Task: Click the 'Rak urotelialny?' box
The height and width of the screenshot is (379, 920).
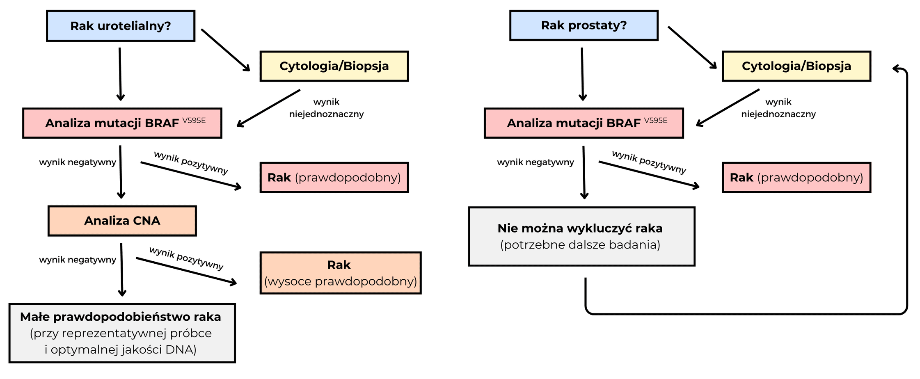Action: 120,26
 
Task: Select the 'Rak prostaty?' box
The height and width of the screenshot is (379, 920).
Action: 584,25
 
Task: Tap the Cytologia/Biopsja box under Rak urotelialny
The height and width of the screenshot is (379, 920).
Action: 334,66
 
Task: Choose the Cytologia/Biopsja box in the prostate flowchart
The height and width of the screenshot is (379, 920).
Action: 796,66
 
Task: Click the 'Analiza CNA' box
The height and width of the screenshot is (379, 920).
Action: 122,221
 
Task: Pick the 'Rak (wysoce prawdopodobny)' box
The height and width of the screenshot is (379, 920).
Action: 340,273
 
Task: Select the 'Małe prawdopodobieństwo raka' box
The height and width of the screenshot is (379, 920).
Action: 122,333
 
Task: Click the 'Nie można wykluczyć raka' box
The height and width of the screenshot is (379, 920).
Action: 581,236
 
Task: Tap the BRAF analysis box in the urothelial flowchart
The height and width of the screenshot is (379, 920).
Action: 122,123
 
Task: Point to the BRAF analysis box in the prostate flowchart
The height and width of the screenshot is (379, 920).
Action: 584,123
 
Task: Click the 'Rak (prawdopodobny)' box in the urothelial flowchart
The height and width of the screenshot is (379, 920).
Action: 334,177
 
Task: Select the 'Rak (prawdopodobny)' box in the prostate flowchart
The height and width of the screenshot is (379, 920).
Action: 796,177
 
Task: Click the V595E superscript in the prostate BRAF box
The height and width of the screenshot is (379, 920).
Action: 656,120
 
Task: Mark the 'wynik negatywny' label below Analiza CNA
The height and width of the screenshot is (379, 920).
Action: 78,260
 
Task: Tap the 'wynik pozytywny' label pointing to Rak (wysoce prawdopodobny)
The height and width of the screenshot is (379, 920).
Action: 186,258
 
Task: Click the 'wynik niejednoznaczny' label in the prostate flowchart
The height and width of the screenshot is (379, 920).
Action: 778,108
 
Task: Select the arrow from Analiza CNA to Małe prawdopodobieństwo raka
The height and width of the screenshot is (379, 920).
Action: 121,269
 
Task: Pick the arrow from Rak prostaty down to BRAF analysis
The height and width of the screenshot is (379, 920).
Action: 582,74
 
